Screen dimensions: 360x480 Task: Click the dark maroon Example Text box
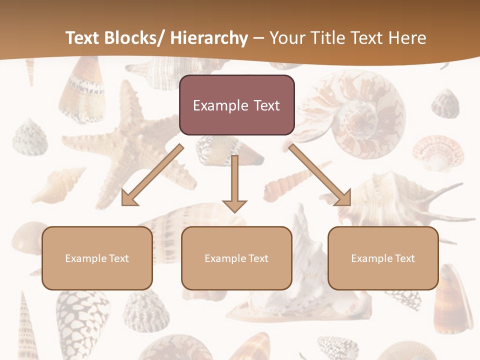(x=236, y=105)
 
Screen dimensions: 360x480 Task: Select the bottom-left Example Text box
(x=97, y=258)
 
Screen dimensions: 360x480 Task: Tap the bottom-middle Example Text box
(x=236, y=258)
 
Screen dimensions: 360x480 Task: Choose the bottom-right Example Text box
(x=383, y=258)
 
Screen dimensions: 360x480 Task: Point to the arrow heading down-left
(x=152, y=175)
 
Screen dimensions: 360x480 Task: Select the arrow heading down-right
(x=320, y=175)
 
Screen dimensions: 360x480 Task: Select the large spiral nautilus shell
(x=360, y=115)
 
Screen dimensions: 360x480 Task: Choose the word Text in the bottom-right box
(x=404, y=258)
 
